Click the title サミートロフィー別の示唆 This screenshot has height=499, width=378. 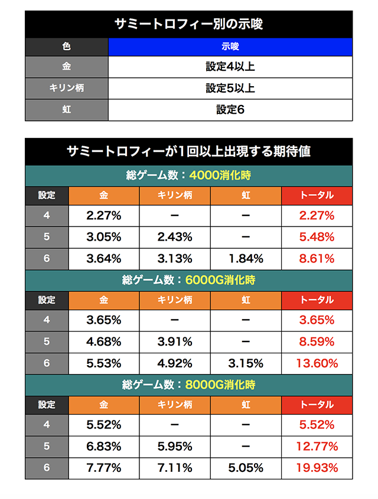point(188,25)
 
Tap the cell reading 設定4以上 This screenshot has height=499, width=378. point(230,67)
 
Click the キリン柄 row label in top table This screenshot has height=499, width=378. point(67,88)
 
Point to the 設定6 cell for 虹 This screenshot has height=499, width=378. point(230,109)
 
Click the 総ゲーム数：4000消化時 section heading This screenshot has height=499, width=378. point(188,176)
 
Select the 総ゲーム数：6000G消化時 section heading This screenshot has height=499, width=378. point(188,280)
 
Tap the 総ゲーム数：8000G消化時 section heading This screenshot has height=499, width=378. point(188,385)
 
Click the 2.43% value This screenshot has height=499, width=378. point(175,237)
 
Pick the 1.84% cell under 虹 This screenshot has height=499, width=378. point(246,258)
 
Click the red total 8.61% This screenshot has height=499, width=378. point(317,258)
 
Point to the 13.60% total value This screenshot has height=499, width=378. point(317,363)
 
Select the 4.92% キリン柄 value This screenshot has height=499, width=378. point(175,363)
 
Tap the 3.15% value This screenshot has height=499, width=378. point(246,363)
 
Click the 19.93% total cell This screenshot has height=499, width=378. point(317,468)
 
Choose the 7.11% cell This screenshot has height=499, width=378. point(175,468)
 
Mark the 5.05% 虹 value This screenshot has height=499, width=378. point(246,468)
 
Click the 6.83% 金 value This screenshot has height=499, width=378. point(104,446)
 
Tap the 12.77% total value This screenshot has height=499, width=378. point(317,446)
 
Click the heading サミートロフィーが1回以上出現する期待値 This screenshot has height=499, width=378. point(188,152)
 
